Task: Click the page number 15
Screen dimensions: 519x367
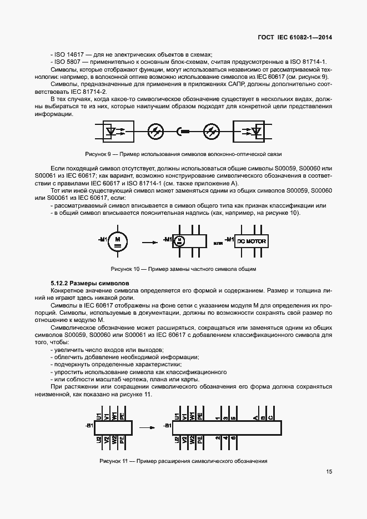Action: (x=329, y=472)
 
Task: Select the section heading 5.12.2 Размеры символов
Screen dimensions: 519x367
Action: (x=83, y=283)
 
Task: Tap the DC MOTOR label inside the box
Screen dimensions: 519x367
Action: (x=252, y=242)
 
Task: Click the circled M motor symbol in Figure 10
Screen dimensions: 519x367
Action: (x=117, y=239)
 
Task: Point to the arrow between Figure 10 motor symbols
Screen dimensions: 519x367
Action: (x=148, y=242)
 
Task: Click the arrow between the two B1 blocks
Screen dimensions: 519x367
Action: (x=146, y=427)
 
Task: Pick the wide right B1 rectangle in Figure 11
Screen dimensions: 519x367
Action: (x=226, y=427)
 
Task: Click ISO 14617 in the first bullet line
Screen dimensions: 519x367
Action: (x=70, y=54)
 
